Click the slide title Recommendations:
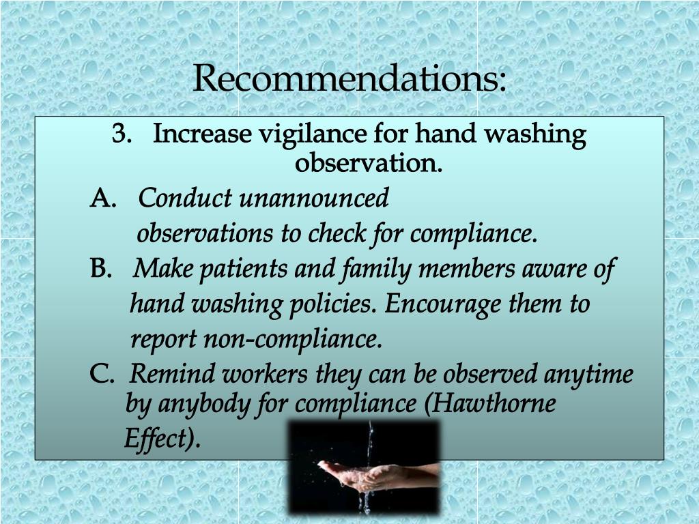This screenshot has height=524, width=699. [349, 78]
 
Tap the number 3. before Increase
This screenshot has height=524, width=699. [123, 134]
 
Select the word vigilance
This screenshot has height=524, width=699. [313, 134]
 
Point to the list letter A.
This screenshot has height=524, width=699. [103, 199]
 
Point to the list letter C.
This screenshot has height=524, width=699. [102, 375]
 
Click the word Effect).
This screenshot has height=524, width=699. [162, 438]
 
